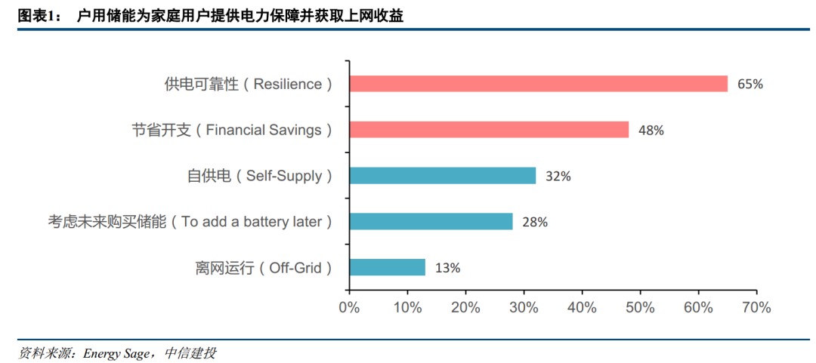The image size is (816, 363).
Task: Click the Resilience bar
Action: pos(538,84)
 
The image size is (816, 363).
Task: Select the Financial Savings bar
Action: pos(489,130)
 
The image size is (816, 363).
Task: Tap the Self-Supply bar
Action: pos(442,176)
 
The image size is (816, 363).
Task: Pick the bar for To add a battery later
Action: pos(431,221)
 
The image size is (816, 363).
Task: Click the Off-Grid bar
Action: pos(387,267)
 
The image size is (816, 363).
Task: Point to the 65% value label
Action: pos(750,85)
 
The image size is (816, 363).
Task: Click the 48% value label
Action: pos(651,131)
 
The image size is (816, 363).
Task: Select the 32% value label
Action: pos(558,177)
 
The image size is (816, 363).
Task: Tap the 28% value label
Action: pos(535,222)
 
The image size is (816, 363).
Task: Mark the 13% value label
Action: pos(447,268)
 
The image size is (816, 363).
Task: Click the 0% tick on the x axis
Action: pos(349,308)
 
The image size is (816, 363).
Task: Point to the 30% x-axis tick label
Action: pos(524,308)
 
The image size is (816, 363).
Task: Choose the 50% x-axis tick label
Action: pos(640,308)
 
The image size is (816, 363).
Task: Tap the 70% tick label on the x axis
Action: pos(756,308)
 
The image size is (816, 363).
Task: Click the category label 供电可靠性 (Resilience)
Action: pos(248,85)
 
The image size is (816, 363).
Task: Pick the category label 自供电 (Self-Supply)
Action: pos(260,177)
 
